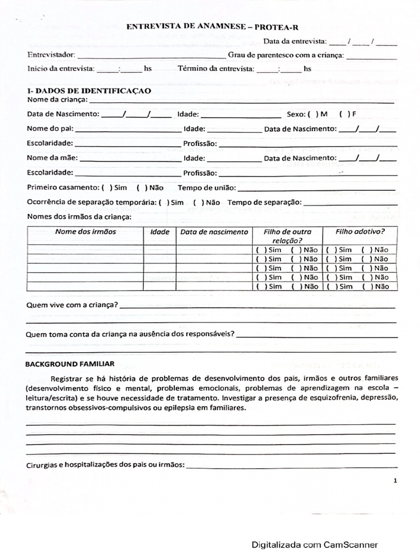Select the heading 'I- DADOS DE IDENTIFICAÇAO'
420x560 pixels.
[89, 91]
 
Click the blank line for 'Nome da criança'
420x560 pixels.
[241, 101]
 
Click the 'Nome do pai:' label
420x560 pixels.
[50, 129]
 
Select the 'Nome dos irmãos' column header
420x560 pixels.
[85, 232]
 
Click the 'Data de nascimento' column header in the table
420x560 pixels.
[214, 232]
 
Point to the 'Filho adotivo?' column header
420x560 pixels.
[360, 232]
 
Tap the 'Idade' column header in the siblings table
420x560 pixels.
[160, 232]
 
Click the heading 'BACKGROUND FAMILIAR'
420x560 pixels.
[70, 364]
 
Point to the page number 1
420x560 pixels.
[394, 480]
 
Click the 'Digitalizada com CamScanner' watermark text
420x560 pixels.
[314, 545]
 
